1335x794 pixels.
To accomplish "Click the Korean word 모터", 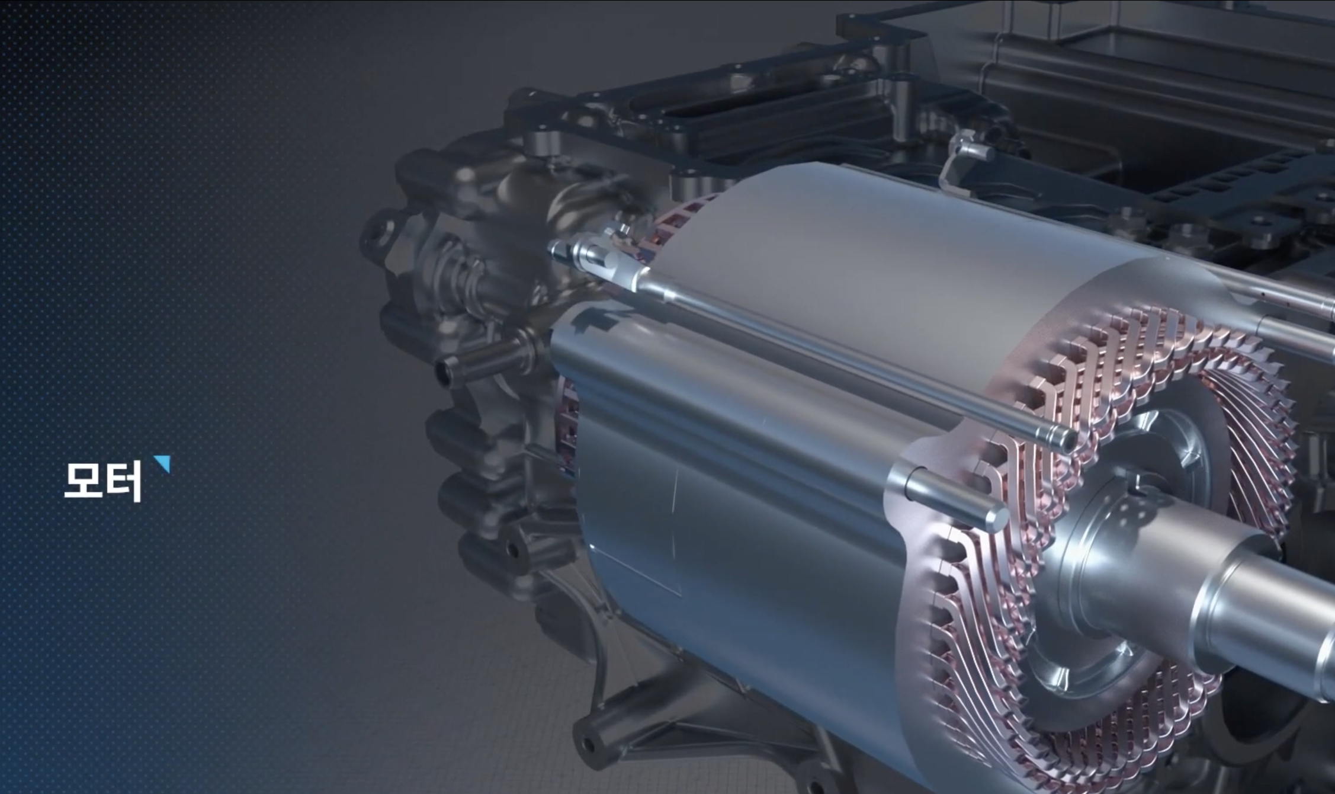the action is [x=102, y=481].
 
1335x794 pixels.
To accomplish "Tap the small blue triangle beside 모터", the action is [x=163, y=463].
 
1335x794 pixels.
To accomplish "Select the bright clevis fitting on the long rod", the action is [x=598, y=256].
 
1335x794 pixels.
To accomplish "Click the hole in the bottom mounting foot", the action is [x=588, y=743].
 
